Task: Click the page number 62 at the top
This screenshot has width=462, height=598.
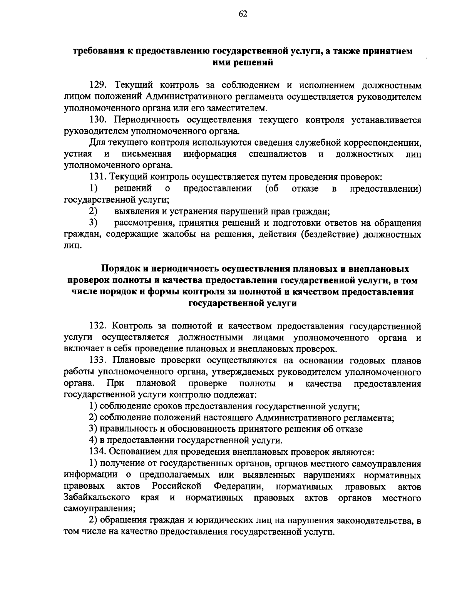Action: click(x=243, y=14)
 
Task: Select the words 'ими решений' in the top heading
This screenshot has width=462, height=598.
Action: click(x=243, y=62)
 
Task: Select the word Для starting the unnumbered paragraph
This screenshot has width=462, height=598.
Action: click(x=97, y=143)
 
